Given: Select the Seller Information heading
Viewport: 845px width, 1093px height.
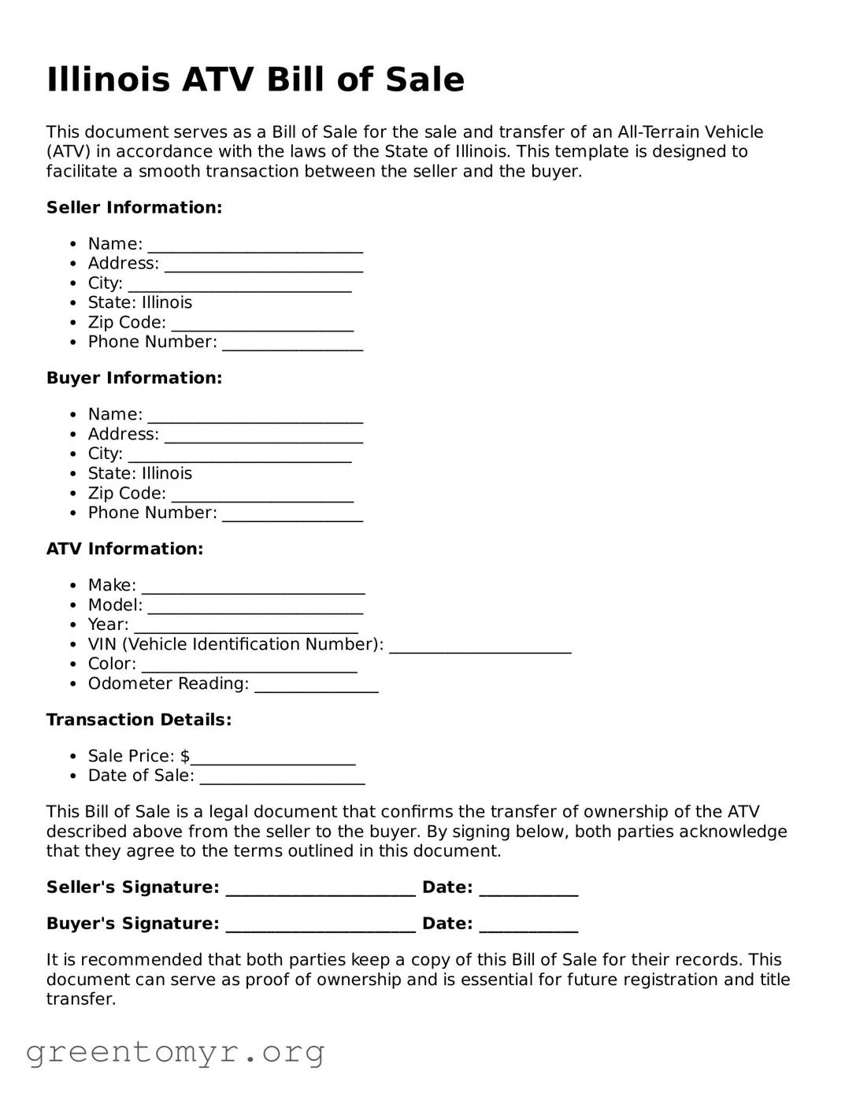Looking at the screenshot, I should coord(134,208).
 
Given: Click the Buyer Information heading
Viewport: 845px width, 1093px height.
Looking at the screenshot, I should coord(134,378).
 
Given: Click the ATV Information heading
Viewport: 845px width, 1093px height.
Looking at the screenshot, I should coord(124,549).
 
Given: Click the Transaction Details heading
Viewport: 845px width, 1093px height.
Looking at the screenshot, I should coord(139,720).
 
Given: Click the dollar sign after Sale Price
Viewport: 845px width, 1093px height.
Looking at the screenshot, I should coord(185,756).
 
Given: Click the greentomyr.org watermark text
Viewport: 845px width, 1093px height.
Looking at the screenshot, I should coord(175,1052).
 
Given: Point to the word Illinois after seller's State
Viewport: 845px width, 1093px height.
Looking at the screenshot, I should coord(166,303).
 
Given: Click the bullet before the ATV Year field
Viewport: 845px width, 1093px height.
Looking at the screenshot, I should coord(72,625).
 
